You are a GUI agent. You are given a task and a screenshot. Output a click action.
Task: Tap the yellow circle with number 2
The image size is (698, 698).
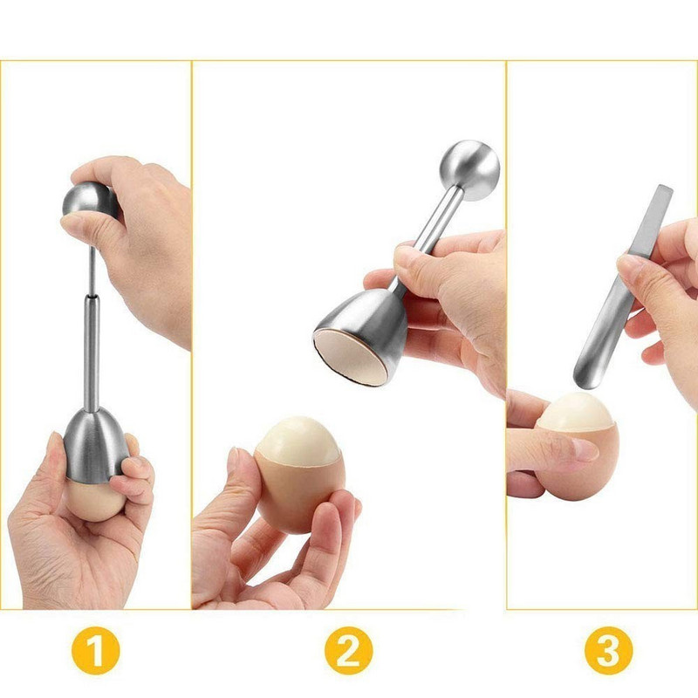tap(350, 650)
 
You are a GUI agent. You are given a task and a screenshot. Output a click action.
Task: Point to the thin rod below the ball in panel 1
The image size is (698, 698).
tap(91, 270)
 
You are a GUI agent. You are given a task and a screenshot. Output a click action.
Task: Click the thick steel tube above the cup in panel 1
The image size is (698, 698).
tap(91, 349)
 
